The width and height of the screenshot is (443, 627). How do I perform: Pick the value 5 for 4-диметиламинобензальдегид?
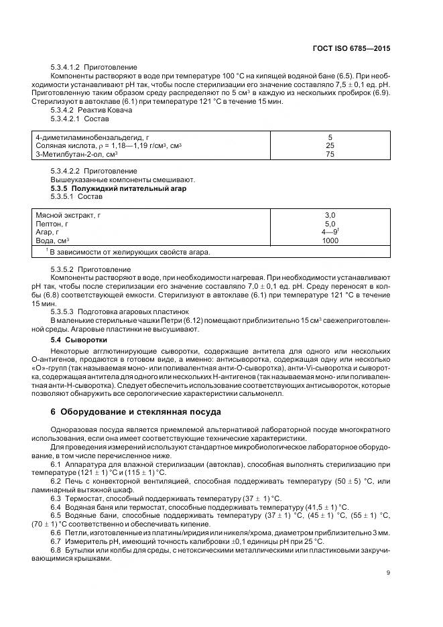click(x=330, y=137)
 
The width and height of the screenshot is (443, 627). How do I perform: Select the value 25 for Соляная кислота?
click(x=330, y=145)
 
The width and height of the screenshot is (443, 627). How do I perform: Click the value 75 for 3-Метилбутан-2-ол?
click(x=330, y=154)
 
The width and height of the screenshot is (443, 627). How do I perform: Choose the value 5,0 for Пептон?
click(x=330, y=223)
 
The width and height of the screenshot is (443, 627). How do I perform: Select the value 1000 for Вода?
click(x=330, y=240)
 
